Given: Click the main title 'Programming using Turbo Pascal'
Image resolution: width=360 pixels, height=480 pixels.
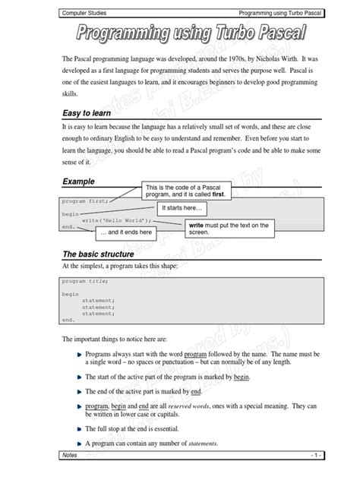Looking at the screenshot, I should click(x=180, y=34).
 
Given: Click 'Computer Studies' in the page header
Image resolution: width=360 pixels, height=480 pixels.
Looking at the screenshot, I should click(x=85, y=13).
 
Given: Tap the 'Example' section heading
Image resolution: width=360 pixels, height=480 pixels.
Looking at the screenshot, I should click(x=79, y=182).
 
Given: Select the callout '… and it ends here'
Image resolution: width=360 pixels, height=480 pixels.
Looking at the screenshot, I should click(x=125, y=232).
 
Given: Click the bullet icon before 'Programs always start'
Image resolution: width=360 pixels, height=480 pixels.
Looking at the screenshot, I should click(x=79, y=354).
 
